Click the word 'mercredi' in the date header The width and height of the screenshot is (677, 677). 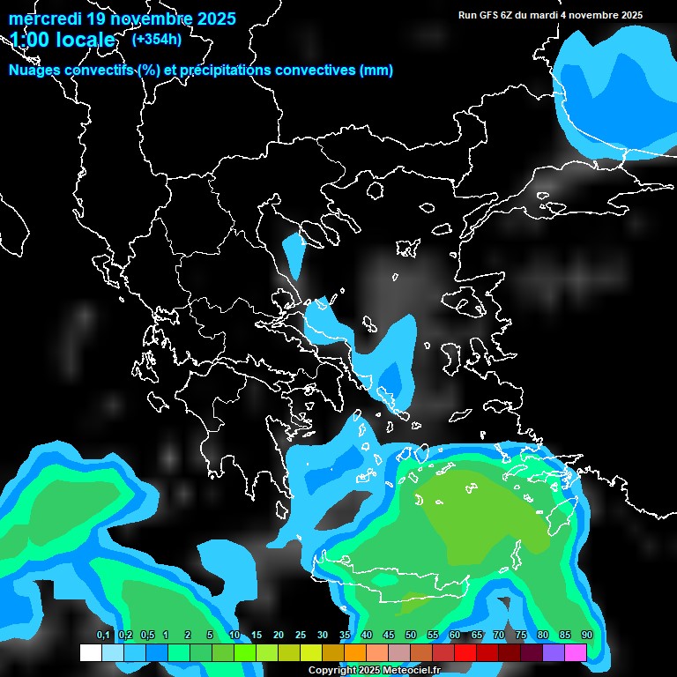[45, 19]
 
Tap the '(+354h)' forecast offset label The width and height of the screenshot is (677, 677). [156, 39]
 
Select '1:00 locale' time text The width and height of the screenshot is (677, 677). [63, 40]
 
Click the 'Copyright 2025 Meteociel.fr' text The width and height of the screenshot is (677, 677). [374, 670]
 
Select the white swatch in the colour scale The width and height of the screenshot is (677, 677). [91, 652]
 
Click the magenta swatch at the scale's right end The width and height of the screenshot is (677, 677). [576, 652]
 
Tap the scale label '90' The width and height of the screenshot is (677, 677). [586, 635]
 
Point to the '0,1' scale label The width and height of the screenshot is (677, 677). [103, 635]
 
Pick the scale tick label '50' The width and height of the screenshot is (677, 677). [411, 635]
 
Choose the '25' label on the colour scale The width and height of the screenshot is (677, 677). [301, 635]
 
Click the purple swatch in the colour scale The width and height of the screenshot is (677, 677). [554, 652]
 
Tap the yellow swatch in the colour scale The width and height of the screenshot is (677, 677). [311, 652]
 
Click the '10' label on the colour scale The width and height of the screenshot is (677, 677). [234, 635]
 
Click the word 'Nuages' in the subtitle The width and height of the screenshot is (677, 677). [36, 71]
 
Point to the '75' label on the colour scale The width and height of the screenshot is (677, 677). [521, 635]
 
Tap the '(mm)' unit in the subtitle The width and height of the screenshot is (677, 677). [376, 71]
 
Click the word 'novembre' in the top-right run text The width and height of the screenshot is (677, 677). [591, 15]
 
